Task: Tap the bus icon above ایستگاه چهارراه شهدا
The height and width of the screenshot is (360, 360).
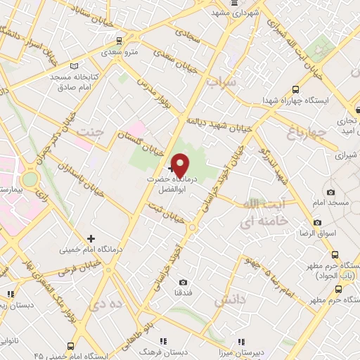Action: tap(295, 89)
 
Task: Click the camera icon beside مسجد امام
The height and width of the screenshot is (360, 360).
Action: tap(331, 192)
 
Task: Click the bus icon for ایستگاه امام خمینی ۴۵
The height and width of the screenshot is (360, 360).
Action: tap(71, 345)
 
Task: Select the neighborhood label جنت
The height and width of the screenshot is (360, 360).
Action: tap(92, 132)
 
